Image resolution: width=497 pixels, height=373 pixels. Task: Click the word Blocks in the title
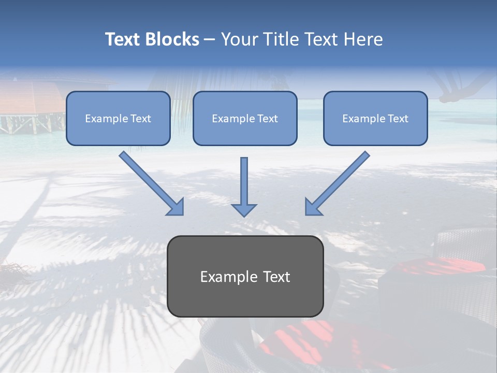click(172, 39)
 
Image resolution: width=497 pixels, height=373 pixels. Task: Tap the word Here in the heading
click(363, 39)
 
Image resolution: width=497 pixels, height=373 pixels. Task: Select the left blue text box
click(118, 118)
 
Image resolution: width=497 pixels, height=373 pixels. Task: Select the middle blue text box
click(245, 118)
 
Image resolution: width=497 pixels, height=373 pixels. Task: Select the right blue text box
click(376, 118)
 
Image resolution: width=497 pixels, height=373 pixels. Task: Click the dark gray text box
click(245, 276)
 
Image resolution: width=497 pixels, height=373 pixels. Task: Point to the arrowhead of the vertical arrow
click(244, 210)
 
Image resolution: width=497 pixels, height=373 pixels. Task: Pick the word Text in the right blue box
click(398, 118)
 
